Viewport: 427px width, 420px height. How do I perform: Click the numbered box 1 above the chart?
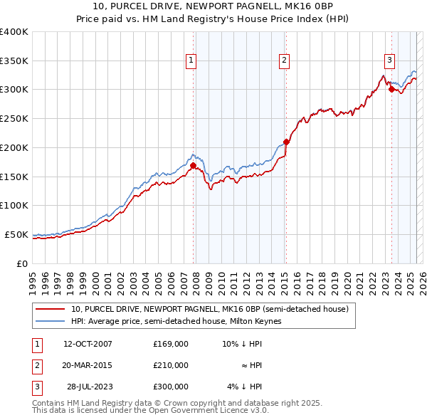tap(192, 61)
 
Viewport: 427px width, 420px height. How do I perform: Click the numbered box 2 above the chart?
tap(284, 61)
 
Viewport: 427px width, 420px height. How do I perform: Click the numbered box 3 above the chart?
tap(390, 61)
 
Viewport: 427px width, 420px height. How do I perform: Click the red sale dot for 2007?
tap(193, 165)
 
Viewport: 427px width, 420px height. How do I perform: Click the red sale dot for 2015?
tap(286, 142)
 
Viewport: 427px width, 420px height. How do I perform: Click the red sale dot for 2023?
tap(391, 89)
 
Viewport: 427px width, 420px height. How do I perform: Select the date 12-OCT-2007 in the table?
tap(88, 343)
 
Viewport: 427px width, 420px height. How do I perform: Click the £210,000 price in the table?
tap(170, 365)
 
